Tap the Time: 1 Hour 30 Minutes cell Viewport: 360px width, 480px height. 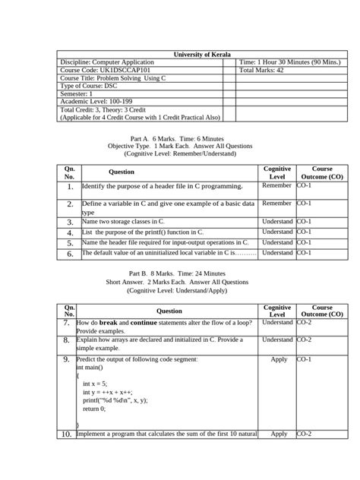coord(289,62)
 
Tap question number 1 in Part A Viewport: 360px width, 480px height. coord(69,186)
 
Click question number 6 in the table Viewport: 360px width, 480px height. coord(69,254)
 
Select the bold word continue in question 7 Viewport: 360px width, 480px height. coord(144,323)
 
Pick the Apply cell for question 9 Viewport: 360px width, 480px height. coord(279,359)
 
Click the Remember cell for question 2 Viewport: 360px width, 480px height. coord(276,204)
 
